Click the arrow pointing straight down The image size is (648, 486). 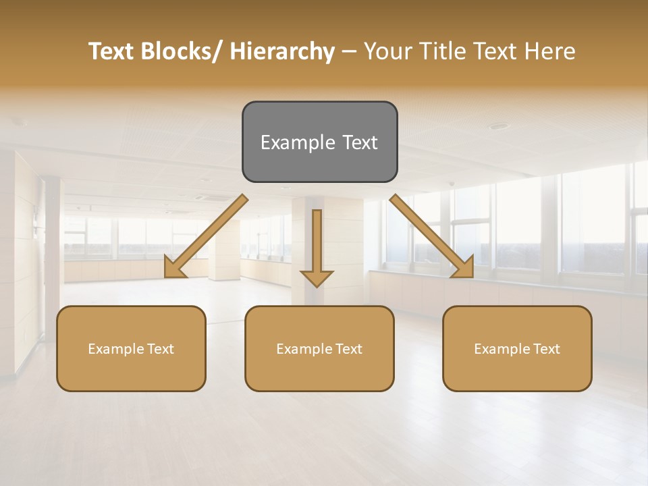click(317, 246)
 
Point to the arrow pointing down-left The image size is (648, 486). click(206, 236)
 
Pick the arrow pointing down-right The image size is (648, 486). click(432, 236)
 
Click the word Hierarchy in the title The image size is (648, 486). click(281, 51)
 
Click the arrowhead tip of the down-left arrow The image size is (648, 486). click(166, 276)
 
